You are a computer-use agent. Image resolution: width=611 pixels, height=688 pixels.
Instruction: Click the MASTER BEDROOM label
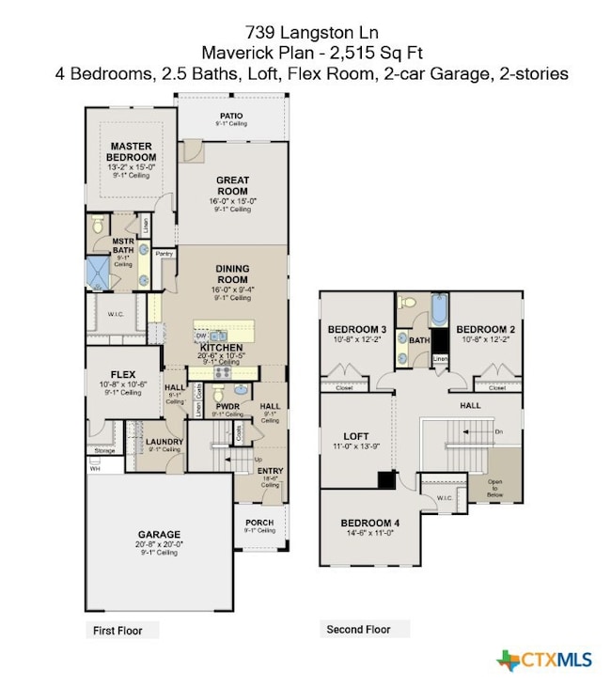click(132, 151)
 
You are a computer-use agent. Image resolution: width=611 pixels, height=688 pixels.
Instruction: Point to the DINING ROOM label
click(232, 274)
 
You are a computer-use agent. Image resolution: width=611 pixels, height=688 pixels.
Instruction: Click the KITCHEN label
click(221, 347)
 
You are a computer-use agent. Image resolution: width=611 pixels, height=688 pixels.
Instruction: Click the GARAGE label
click(158, 535)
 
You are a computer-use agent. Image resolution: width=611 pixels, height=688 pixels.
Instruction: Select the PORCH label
click(258, 523)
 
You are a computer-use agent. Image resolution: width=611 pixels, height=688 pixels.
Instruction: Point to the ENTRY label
click(270, 471)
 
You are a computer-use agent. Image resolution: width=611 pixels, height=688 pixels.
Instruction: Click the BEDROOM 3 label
click(357, 329)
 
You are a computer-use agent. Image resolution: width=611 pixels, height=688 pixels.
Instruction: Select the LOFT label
click(356, 435)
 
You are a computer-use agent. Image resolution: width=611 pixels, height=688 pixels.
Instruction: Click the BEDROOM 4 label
click(370, 523)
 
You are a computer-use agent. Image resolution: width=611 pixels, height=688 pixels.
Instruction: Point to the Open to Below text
click(495, 490)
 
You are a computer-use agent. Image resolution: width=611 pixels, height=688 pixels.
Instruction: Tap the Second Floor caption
click(357, 629)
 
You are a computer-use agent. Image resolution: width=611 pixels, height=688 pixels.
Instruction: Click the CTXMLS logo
click(544, 660)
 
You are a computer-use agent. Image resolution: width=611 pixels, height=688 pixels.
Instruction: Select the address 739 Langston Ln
click(304, 33)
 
